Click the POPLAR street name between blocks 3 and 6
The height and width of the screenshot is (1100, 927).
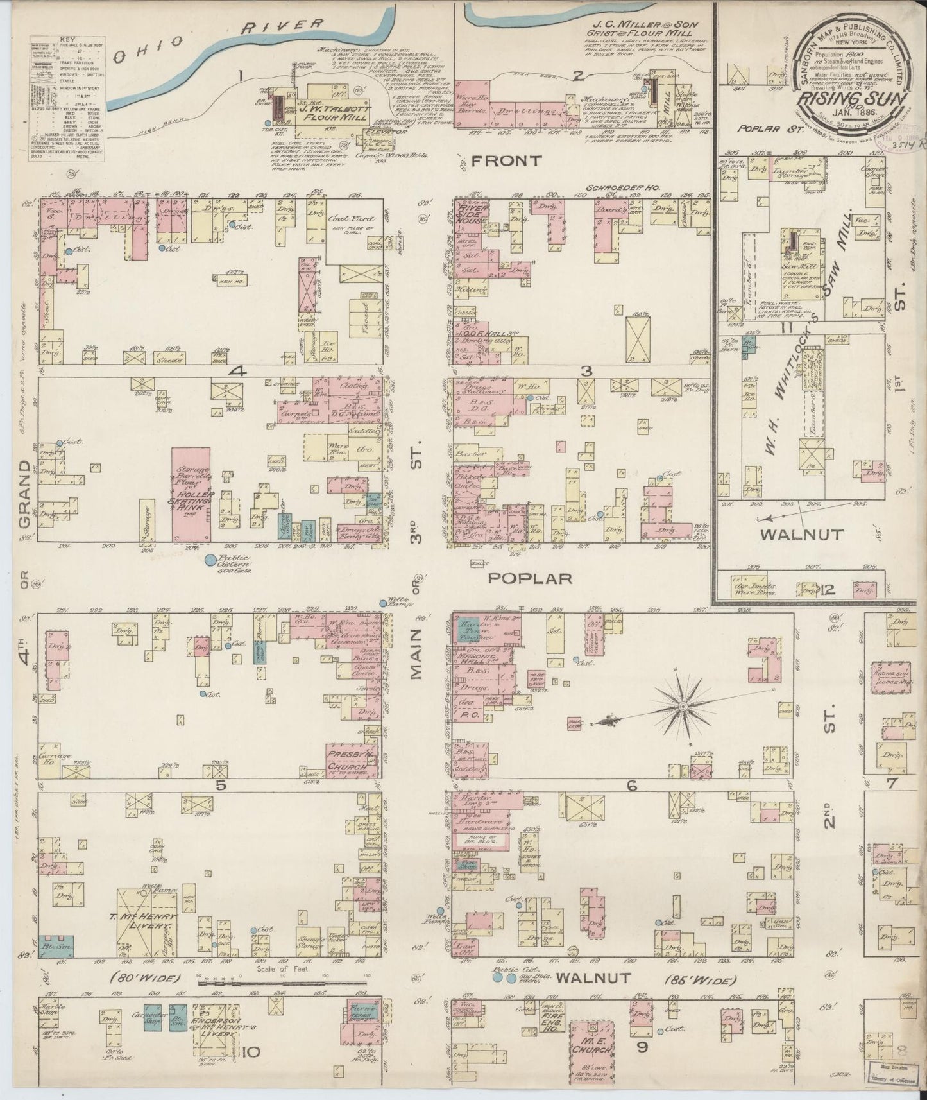click(x=529, y=578)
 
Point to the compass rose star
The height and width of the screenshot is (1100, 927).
click(x=684, y=706)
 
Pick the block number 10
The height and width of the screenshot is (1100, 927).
click(x=251, y=1052)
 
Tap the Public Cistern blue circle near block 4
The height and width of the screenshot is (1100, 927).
click(x=209, y=560)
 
